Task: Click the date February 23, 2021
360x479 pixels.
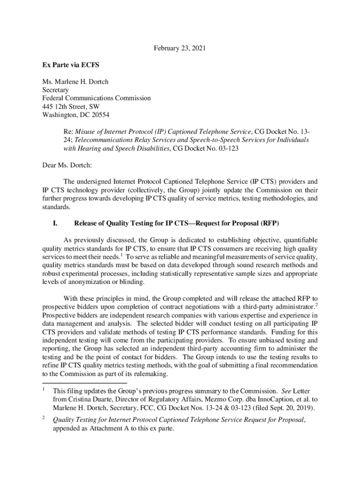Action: coord(180,48)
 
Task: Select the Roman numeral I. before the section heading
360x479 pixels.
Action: coord(54,222)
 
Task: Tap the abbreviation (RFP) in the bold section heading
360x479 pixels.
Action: coord(269,222)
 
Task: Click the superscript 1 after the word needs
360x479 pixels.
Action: coord(121,255)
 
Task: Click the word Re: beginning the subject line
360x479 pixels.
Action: coord(68,132)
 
